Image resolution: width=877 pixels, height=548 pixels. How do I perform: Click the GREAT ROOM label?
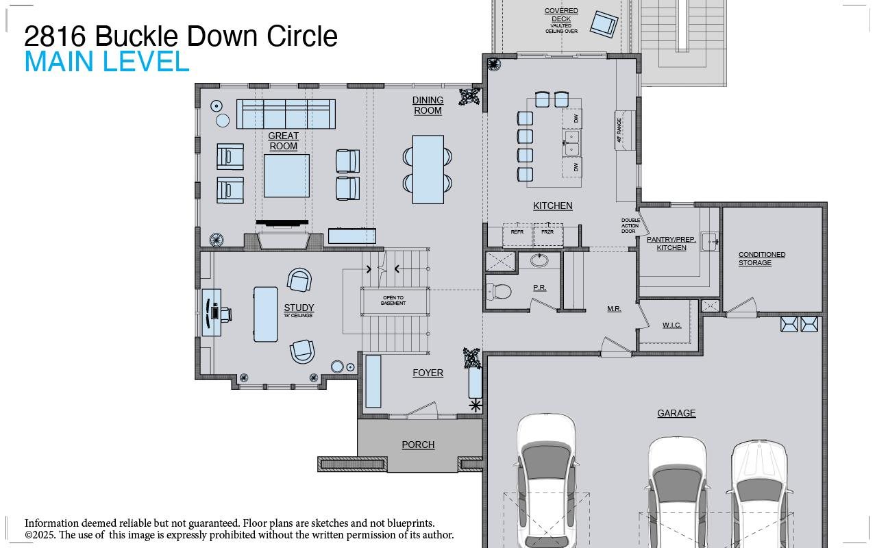tap(283, 141)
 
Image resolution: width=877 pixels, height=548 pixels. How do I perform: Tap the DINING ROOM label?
tap(428, 105)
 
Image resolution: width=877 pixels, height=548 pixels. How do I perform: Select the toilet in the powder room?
tap(499, 292)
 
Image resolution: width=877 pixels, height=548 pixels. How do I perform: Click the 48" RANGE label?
tap(619, 129)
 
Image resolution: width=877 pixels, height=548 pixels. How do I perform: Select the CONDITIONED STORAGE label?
tap(761, 258)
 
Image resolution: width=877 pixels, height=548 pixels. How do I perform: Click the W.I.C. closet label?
tap(671, 325)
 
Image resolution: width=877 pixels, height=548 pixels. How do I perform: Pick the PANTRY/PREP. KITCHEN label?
tap(671, 244)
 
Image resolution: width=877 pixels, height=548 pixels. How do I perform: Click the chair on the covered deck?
tap(604, 24)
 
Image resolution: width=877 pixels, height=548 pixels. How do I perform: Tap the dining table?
tap(428, 169)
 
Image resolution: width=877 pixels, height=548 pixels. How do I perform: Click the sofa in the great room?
tap(286, 114)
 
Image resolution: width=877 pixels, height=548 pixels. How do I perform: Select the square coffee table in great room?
tap(286, 176)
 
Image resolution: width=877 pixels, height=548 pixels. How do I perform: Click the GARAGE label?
tap(676, 413)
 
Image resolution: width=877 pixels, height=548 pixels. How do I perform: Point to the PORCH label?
tap(418, 445)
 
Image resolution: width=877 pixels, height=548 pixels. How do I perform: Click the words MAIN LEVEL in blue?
tap(107, 62)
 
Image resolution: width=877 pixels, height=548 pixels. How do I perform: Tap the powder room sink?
tap(540, 260)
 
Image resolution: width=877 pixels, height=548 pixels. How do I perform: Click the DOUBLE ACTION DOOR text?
tap(630, 226)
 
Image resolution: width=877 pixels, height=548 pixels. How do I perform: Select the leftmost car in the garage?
tap(546, 480)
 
